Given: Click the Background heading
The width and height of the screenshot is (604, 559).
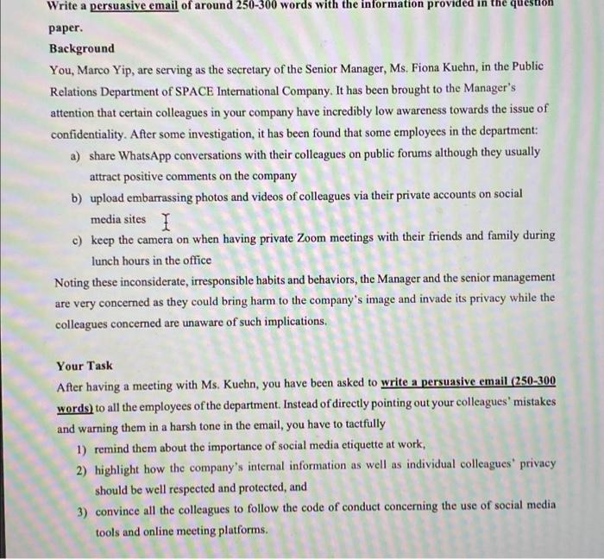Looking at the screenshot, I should [82, 48].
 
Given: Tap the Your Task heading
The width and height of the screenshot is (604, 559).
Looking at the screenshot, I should [85, 366].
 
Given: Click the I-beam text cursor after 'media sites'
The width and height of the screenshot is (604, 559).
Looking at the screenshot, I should [166, 222].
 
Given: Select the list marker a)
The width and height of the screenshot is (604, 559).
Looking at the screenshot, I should [75, 153].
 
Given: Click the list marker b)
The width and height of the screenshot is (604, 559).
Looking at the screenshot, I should [76, 197].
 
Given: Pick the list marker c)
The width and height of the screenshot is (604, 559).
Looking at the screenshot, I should [76, 236].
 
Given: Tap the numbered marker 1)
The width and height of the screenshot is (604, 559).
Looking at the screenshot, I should [81, 446].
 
